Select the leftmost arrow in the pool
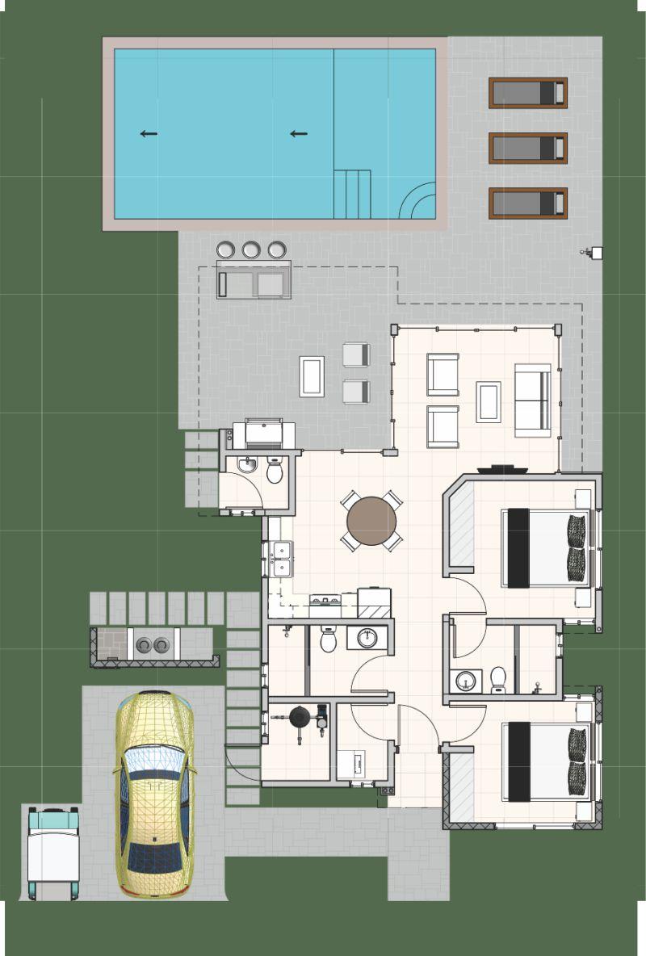pos(149,134)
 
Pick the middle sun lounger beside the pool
pos(528,148)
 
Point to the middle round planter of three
pos(251,249)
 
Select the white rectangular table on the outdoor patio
pos(312,376)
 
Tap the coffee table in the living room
pos(488,401)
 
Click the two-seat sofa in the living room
pos(533,400)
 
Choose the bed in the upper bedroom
pos(546,547)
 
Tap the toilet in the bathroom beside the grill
pos(275,472)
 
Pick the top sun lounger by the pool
pos(528,93)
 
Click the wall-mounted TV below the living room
pos(501,469)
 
